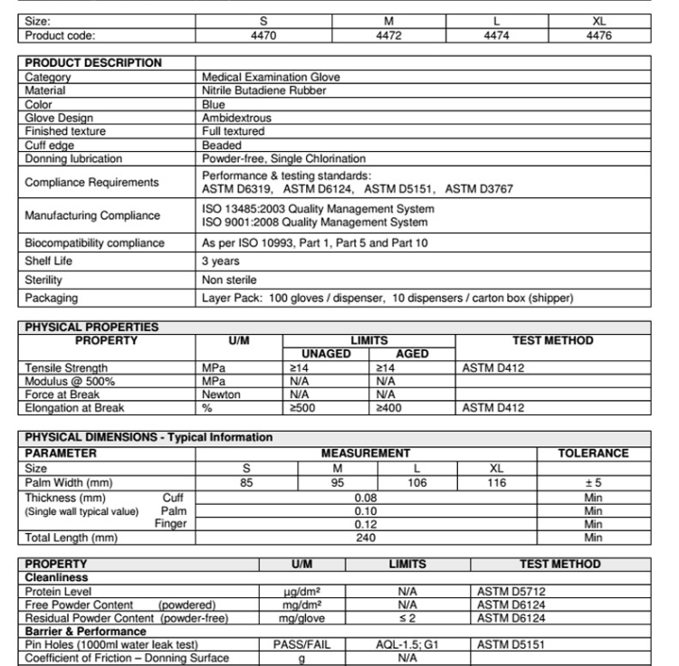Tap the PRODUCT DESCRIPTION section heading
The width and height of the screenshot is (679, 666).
92,63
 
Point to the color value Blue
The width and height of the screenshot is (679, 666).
213,104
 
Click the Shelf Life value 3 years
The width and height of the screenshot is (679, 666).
220,262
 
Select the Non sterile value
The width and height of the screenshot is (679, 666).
229,280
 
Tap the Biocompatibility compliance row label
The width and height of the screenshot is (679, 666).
94,243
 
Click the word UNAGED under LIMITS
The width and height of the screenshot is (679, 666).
325,355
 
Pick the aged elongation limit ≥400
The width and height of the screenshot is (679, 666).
387,408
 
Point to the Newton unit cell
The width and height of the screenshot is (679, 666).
222,395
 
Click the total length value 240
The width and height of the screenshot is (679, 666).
366,538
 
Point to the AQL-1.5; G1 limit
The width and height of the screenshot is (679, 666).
406,645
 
